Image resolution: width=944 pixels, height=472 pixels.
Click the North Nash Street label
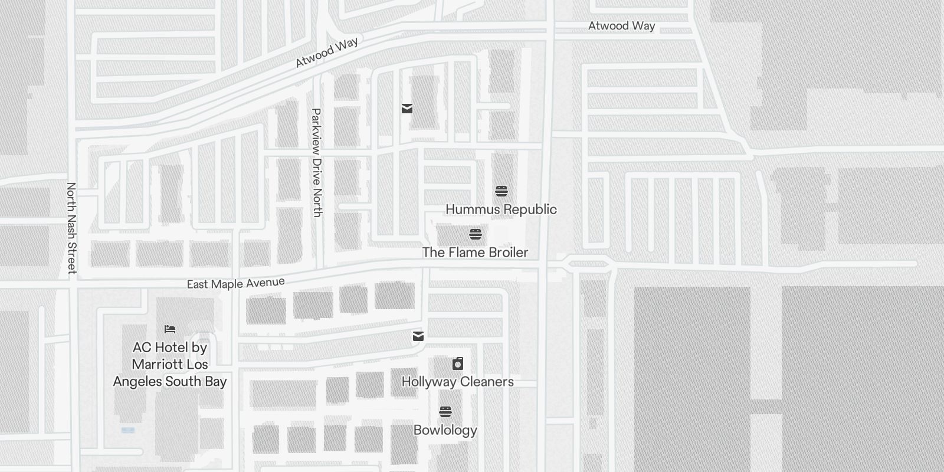click(71, 228)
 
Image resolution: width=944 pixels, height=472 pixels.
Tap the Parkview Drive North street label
click(317, 163)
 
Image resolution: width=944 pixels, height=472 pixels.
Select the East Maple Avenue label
click(235, 284)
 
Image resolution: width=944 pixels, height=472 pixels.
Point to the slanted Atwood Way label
click(327, 53)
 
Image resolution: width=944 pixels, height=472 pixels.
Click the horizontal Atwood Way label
click(621, 26)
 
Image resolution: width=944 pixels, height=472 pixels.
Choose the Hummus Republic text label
click(501, 209)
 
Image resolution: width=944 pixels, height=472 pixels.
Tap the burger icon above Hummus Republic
click(501, 191)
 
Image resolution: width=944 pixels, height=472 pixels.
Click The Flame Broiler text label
click(475, 253)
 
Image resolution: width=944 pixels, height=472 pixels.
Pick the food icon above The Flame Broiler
click(476, 234)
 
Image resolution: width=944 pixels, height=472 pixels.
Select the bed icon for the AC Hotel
click(170, 329)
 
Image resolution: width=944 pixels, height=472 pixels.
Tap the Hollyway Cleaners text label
click(457, 382)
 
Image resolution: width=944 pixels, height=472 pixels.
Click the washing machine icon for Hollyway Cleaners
click(458, 363)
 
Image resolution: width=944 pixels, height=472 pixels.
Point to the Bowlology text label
click(445, 430)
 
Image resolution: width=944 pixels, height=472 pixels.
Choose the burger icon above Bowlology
click(445, 411)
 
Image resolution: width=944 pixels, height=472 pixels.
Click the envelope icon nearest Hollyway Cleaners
click(418, 336)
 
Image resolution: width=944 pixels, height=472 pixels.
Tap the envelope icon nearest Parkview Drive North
click(407, 108)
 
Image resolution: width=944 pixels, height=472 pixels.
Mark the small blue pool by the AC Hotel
click(128, 430)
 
